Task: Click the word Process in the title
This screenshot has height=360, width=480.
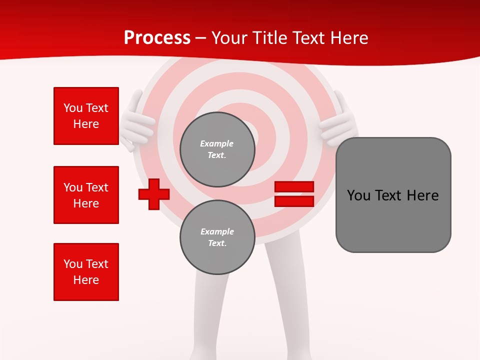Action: coord(157,38)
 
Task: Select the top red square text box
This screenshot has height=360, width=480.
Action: coord(86,116)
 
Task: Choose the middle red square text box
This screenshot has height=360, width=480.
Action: coord(86,195)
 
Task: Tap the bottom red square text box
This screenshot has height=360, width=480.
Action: coord(86,272)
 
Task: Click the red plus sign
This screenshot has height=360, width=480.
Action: coord(153,194)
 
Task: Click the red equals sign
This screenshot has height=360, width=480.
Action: coord(294,194)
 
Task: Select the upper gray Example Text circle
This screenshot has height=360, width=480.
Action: coord(217,149)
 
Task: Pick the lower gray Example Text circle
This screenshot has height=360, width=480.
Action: coord(217,237)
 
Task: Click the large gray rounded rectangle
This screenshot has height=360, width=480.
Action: coord(393,194)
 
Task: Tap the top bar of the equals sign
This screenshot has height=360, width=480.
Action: coord(294,187)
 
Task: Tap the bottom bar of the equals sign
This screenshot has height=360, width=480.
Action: coord(294,201)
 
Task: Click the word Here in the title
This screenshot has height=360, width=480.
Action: coord(349,38)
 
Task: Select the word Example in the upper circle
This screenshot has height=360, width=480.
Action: coord(217,143)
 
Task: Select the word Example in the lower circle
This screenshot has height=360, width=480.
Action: coord(217,231)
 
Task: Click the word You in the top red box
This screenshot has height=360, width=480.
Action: coord(72,108)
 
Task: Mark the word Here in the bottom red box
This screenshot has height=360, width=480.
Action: coord(86,280)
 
